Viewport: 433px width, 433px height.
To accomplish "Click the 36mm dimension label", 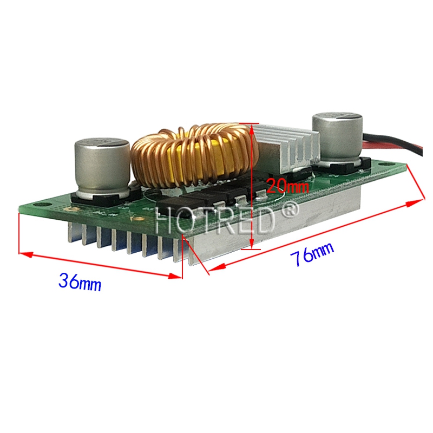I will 80,282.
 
